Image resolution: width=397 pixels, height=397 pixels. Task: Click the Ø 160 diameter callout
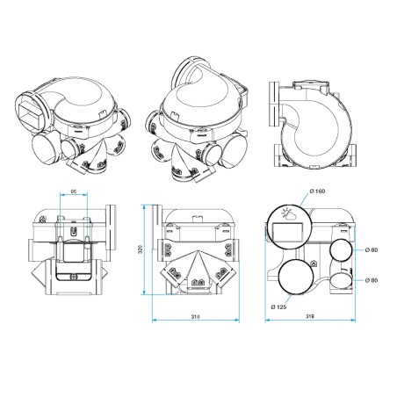[316, 192]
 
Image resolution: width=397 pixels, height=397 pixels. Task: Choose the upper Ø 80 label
[375, 251]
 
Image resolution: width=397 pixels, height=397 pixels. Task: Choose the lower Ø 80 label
[375, 280]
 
